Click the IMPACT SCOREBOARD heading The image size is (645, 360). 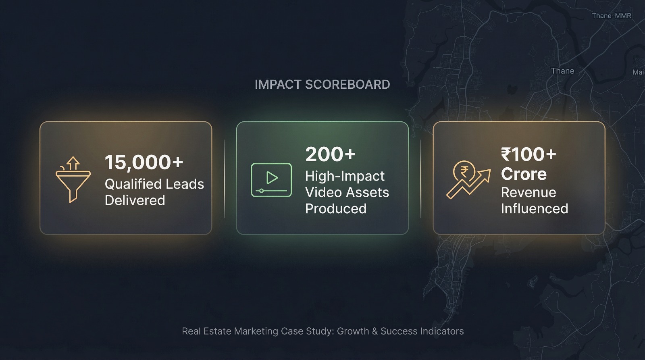(322, 84)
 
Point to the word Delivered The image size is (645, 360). (135, 200)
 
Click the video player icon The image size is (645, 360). (271, 180)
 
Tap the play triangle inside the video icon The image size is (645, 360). (272, 177)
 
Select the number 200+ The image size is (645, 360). (331, 154)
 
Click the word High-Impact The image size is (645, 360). (345, 176)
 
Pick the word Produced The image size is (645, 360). (336, 208)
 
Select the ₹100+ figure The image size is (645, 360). (528, 154)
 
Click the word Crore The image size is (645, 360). (524, 174)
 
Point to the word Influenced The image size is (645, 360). (535, 208)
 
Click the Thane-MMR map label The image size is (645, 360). (612, 16)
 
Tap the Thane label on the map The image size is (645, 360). (563, 71)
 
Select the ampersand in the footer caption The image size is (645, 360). (375, 331)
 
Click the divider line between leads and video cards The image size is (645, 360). (224, 179)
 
